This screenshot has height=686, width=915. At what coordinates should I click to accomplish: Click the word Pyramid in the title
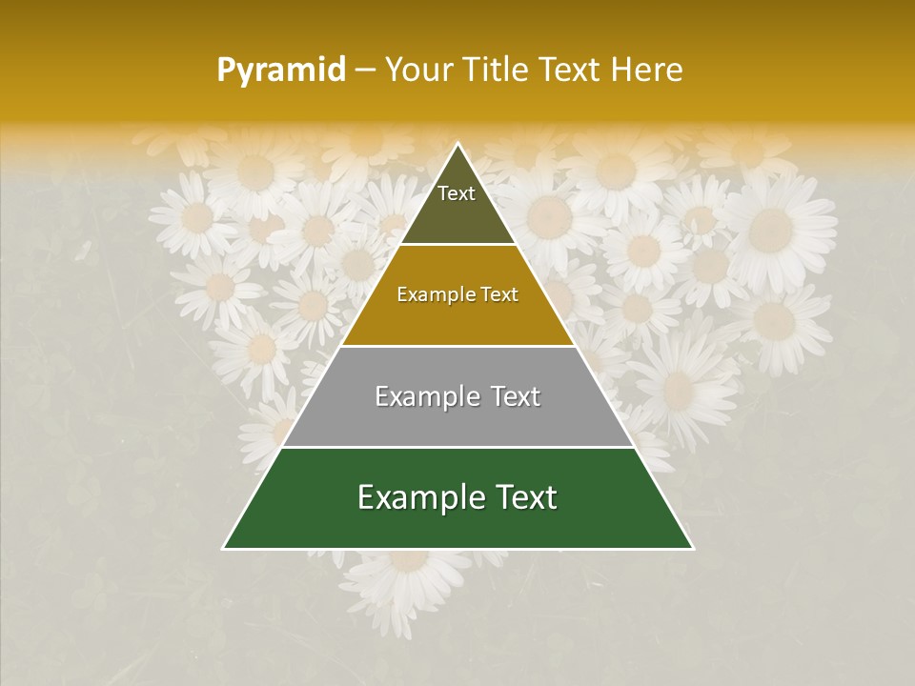(x=281, y=70)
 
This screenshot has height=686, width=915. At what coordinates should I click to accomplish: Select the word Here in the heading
(x=646, y=70)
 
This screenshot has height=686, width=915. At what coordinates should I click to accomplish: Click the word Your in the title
(x=418, y=70)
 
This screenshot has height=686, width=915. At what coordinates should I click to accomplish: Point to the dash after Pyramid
(x=365, y=71)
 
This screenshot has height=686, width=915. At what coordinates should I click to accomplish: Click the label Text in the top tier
(x=457, y=193)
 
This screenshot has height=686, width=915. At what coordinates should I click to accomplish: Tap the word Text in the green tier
(x=525, y=497)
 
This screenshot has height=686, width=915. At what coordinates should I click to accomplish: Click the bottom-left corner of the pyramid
(x=224, y=548)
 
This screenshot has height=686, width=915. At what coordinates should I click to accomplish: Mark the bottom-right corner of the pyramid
(x=692, y=548)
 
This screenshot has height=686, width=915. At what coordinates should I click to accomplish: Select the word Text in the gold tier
(x=498, y=294)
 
